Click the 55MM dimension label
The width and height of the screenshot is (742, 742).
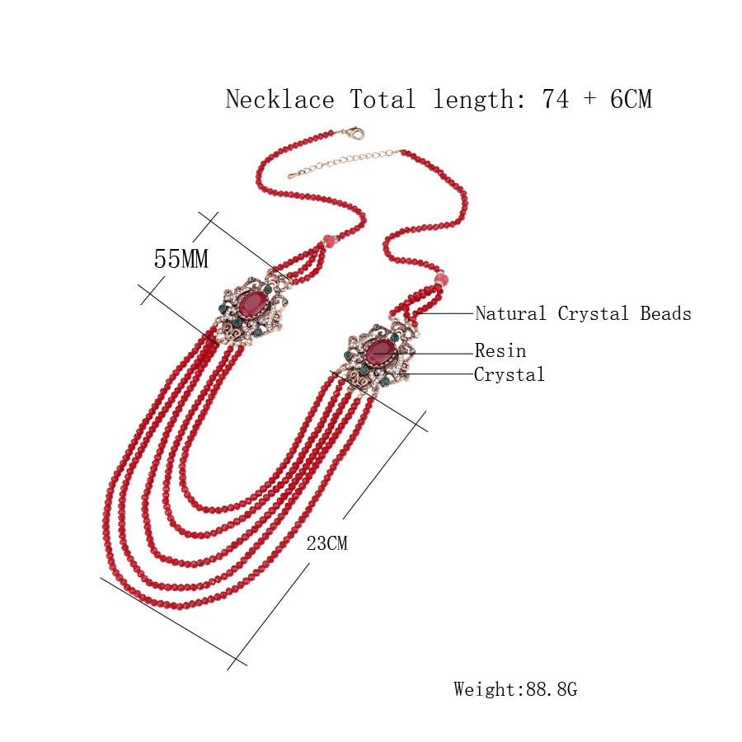point(181,259)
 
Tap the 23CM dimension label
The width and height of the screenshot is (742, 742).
point(327,543)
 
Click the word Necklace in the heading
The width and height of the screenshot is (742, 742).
point(279,100)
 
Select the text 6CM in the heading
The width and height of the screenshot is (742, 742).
point(631,100)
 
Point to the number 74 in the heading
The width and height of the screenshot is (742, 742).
point(556,100)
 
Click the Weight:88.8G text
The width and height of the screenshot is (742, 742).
point(515,689)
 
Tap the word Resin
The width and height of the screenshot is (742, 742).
point(500,350)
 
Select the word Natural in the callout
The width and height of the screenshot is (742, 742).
point(510,313)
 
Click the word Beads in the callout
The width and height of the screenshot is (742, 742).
point(666,313)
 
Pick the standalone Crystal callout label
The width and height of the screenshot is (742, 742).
point(510,374)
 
